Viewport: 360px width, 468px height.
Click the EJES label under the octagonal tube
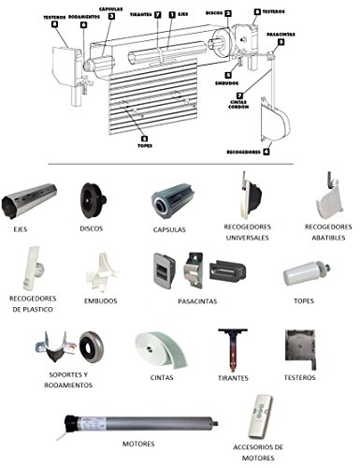coord(21,229)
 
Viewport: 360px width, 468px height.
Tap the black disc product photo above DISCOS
coord(93,199)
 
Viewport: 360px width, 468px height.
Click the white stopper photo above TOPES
coord(307,273)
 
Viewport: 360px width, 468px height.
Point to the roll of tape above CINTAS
coord(161,349)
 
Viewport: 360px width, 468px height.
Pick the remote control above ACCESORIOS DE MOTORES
coord(260,417)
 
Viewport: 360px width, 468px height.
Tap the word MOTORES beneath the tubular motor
coord(138,444)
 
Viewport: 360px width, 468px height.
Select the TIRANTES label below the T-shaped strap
coord(233,378)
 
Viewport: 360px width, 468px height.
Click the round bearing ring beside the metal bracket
coord(91,347)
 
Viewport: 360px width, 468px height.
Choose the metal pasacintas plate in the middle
coord(194,270)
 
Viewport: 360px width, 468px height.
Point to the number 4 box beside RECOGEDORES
coord(266,152)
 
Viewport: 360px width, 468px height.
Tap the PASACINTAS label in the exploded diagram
coord(281,35)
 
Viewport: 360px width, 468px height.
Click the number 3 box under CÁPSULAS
coord(111,17)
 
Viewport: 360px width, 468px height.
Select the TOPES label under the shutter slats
coord(145,146)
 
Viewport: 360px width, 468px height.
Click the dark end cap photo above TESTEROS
coord(300,349)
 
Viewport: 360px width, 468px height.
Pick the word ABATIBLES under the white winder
coord(328,238)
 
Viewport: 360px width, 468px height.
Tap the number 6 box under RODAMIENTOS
coord(83,25)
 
